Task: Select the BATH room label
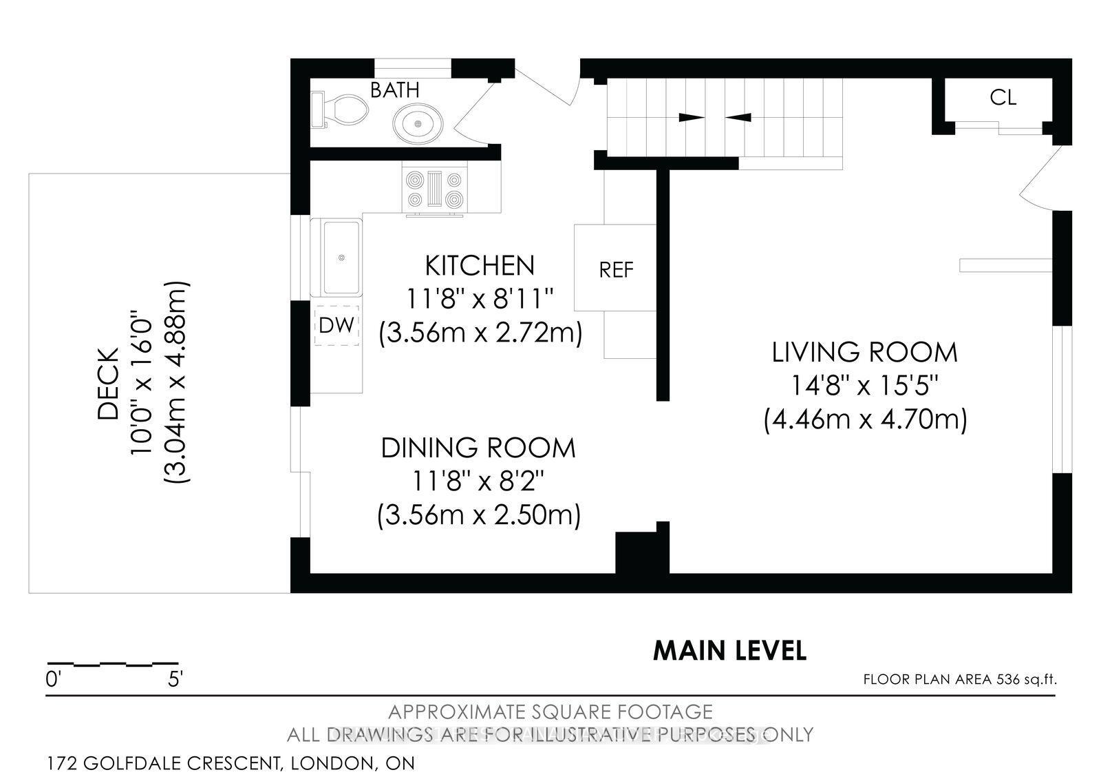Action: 394,90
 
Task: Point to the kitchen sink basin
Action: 341,257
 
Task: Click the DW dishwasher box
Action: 336,325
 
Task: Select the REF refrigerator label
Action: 616,270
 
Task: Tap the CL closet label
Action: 1003,98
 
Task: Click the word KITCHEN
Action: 479,265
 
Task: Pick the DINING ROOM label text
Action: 478,448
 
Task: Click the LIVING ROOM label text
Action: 864,352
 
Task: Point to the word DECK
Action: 108,382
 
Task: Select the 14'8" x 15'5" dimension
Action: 865,386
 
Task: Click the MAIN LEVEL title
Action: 729,650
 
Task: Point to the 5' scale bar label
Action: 175,680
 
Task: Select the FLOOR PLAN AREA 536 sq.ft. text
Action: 959,680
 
